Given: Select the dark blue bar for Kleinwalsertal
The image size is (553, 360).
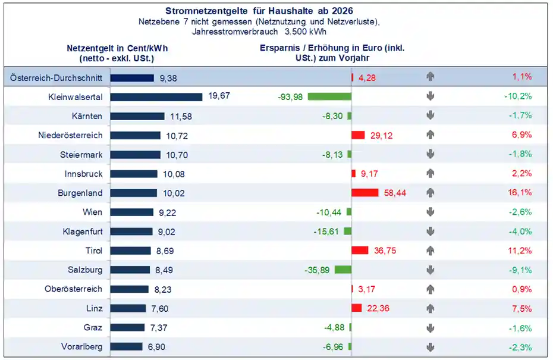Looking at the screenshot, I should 156,96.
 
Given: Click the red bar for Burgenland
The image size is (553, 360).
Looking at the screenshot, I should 365,193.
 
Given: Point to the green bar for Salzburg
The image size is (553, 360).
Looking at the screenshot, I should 343,270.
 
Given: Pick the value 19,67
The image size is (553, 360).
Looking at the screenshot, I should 219,96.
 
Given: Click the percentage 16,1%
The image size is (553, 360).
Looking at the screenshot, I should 521,193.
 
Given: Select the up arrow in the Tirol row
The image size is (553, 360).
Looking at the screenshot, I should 431,251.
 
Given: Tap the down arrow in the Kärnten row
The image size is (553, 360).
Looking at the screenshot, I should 431,115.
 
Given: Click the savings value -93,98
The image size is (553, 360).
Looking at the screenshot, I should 290,97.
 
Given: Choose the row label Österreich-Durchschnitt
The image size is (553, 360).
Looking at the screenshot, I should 56,77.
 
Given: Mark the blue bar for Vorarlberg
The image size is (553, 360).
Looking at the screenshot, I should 127,346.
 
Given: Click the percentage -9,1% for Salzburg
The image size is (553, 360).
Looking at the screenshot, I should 521,270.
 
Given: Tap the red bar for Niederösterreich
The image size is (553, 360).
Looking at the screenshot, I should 358,135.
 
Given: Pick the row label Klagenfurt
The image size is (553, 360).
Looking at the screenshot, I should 83,231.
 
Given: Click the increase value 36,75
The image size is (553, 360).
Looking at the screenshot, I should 385,251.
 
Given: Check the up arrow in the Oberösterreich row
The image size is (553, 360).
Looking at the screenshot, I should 431,289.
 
